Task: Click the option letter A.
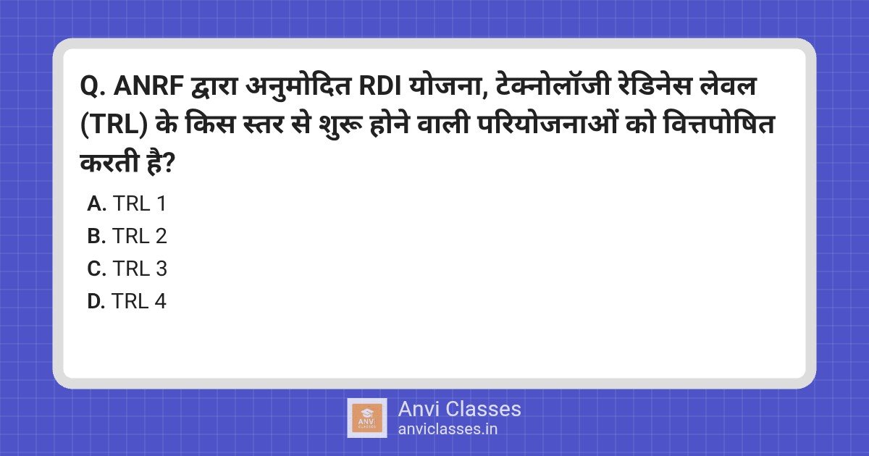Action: [x=96, y=204]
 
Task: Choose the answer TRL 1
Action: [x=140, y=204]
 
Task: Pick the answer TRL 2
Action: [x=140, y=237]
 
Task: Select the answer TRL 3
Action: [x=140, y=269]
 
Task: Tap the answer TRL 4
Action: [x=140, y=302]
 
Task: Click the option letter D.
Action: [x=96, y=302]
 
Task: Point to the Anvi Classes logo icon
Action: [x=367, y=418]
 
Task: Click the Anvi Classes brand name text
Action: [x=459, y=409]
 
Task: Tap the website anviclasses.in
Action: [x=448, y=428]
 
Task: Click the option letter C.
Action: [x=96, y=269]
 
